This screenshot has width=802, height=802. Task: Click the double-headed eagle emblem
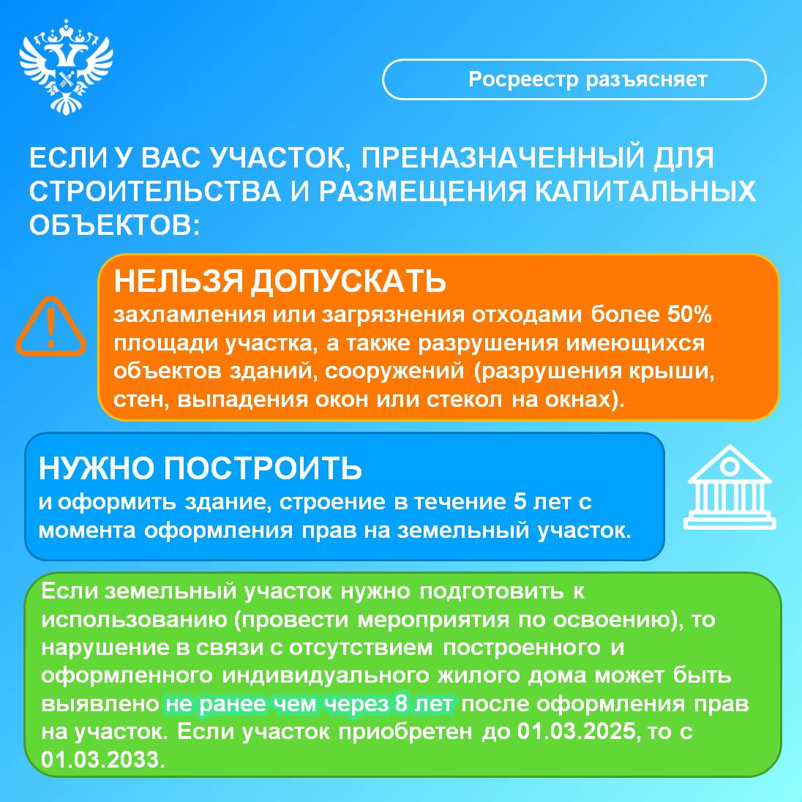pyautogui.click(x=66, y=67)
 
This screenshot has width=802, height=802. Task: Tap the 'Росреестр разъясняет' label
pyautogui.click(x=588, y=79)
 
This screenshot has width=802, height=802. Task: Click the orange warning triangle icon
pyautogui.click(x=50, y=326)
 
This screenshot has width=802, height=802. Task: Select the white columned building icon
pyautogui.click(x=730, y=487)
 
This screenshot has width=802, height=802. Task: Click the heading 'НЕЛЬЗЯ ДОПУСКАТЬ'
pyautogui.click(x=280, y=281)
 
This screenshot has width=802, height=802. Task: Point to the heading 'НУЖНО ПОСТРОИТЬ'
pyautogui.click(x=200, y=468)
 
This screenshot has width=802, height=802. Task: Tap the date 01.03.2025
pyautogui.click(x=577, y=732)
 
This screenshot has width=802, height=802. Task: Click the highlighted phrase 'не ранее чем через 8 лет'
pyautogui.click(x=310, y=704)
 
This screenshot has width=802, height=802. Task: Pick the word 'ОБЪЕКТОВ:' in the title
pyautogui.click(x=114, y=225)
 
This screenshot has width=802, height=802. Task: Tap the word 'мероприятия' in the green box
pyautogui.click(x=433, y=621)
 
